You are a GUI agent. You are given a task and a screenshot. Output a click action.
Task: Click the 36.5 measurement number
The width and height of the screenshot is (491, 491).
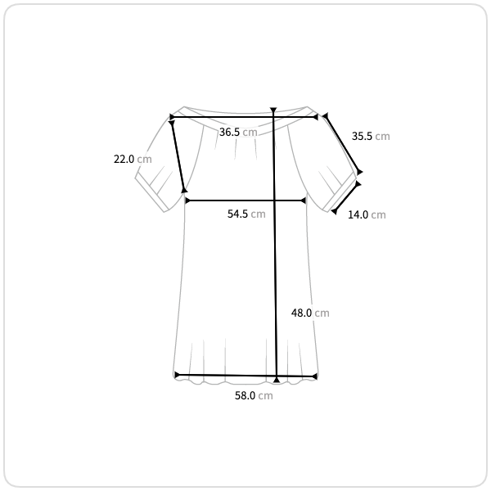229,132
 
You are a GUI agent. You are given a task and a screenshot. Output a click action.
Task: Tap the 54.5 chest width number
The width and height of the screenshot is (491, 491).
237,214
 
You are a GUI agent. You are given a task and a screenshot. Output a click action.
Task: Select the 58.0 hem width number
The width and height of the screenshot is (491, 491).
245,395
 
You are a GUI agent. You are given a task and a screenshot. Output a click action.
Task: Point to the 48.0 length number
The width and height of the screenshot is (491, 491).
301,313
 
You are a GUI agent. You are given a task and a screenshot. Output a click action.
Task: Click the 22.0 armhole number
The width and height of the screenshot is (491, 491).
124,159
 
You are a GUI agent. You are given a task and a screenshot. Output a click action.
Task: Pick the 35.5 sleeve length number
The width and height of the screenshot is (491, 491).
362,136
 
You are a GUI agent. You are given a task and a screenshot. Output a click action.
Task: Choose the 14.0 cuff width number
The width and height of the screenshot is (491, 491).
358,214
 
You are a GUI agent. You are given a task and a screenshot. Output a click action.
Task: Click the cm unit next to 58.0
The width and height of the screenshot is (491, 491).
265,396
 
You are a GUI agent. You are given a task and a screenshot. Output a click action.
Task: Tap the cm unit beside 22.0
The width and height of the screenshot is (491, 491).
144,160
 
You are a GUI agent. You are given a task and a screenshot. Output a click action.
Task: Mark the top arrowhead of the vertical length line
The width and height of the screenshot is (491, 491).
273,110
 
